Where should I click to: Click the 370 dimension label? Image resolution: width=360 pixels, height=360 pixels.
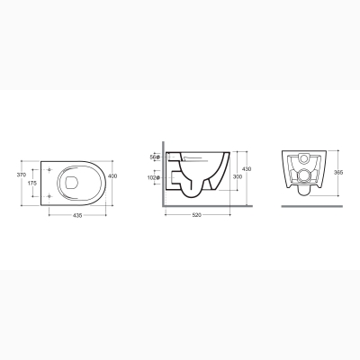[x=22, y=175]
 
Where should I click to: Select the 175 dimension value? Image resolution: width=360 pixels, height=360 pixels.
[x=32, y=183]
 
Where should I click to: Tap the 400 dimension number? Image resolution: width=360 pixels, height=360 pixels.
[x=112, y=176]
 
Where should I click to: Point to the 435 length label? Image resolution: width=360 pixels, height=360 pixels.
[x=77, y=215]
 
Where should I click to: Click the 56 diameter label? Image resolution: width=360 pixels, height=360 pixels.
[x=155, y=157]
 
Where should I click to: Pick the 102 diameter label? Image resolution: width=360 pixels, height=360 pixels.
[x=153, y=177]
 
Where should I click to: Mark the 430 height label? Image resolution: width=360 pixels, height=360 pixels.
[x=247, y=169]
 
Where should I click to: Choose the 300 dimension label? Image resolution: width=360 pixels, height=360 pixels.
[x=238, y=177]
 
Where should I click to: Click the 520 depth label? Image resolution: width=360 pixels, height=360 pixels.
[x=197, y=215]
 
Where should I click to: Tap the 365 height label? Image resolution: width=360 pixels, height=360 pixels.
[x=339, y=173]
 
